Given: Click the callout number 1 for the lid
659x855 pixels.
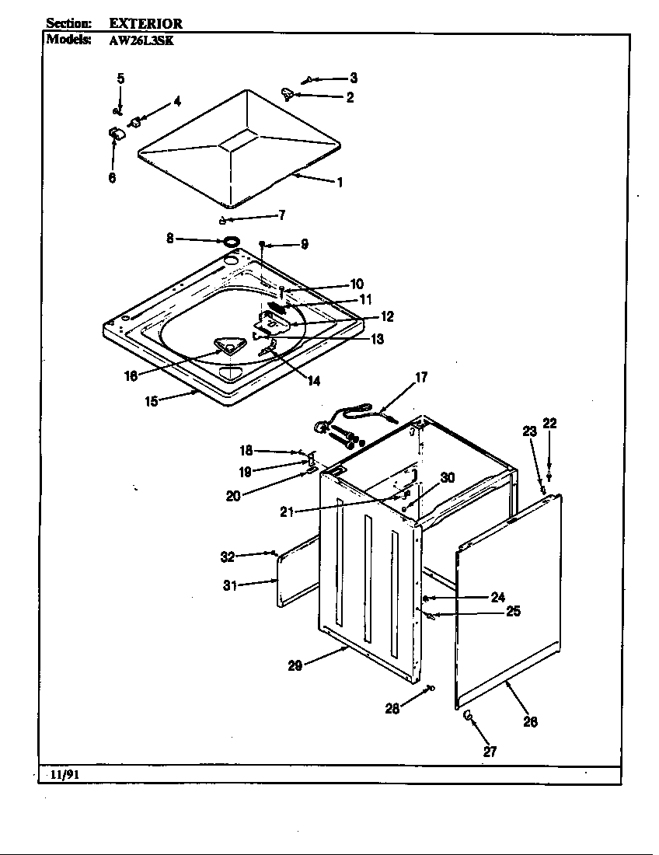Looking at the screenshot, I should point(339,183).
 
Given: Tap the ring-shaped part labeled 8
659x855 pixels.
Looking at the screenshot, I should point(230,242).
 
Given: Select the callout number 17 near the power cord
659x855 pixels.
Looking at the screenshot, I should point(420,379).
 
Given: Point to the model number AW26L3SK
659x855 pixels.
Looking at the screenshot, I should point(140,40).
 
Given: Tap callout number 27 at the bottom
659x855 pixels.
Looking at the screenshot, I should point(490,751).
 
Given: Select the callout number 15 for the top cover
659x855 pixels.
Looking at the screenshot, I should point(152,401).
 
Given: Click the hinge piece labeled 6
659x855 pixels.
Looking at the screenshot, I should point(117,135).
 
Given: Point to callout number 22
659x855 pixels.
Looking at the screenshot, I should point(549,423).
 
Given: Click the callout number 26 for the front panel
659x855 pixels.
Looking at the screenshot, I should point(529,721).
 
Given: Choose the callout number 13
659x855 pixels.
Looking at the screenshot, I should point(377,340).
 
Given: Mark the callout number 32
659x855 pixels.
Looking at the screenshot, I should point(227,556).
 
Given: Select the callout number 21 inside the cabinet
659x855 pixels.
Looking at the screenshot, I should point(287,511).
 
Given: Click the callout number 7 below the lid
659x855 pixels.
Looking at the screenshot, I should point(281,215).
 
